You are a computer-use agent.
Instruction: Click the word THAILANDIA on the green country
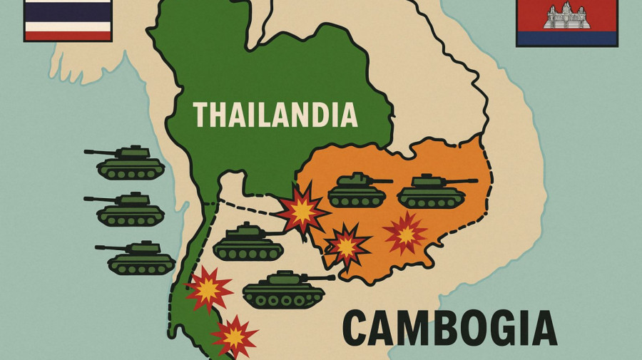tap(275, 115)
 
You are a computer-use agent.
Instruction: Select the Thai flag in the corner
tap(68, 19)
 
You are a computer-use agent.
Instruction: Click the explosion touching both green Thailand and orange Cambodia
tap(302, 208)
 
